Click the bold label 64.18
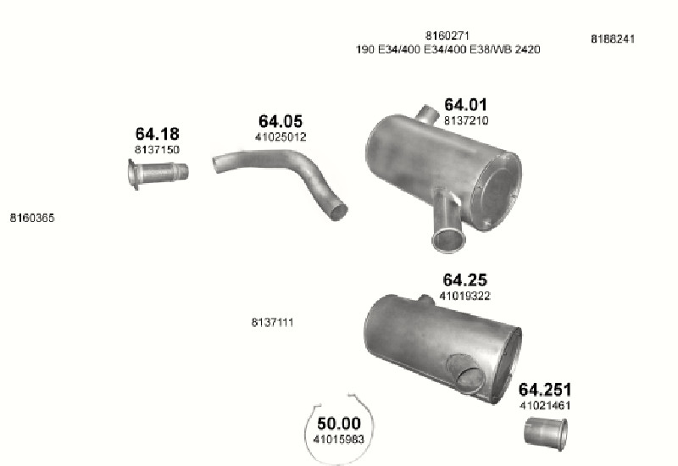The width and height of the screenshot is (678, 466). click(x=157, y=134)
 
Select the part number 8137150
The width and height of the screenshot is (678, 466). click(x=157, y=150)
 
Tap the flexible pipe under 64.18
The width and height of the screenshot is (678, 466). click(x=158, y=174)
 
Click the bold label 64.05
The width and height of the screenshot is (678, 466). click(x=281, y=121)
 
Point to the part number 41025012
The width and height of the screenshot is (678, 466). click(x=281, y=137)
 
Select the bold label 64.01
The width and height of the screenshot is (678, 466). click(x=465, y=104)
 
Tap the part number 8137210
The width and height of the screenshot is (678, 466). click(x=466, y=120)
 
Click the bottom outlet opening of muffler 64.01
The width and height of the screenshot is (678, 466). click(x=449, y=241)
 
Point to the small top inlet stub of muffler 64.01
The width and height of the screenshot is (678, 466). click(x=426, y=113)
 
